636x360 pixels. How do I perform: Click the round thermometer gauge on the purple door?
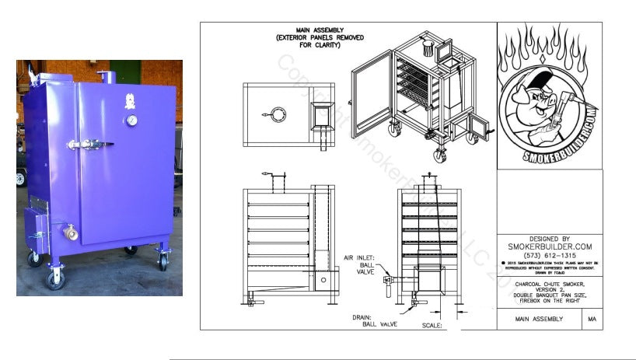coord(133,121)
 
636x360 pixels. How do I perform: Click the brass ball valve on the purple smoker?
coord(70,232)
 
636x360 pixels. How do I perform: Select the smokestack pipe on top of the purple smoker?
coord(109,79)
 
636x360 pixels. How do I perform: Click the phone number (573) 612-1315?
coord(549,254)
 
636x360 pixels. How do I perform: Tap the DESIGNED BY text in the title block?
coord(549,239)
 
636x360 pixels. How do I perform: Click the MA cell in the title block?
coord(592,319)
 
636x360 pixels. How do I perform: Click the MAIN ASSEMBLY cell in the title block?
coord(540,319)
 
